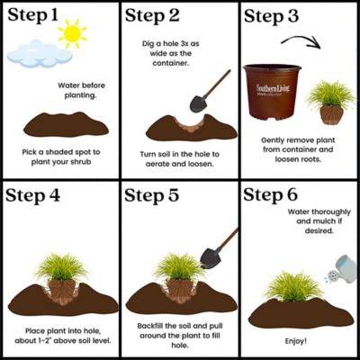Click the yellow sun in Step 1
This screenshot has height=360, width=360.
pos(72,36)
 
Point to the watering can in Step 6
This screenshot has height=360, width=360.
pos(340,265)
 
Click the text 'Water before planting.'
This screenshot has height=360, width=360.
pos(81,91)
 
